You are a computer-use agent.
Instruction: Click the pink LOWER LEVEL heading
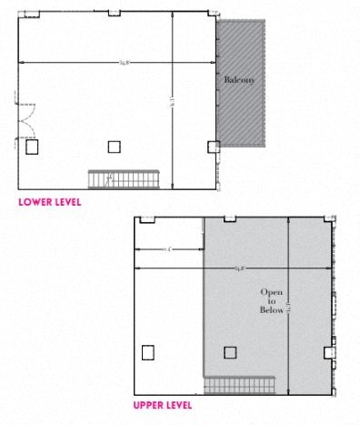49,201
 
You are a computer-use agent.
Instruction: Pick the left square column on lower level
32,145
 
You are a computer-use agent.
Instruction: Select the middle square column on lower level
114,146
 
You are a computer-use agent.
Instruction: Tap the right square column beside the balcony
213,146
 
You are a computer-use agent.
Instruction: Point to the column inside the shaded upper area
230,352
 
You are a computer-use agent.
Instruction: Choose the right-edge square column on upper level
328,352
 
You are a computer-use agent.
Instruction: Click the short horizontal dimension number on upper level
167,248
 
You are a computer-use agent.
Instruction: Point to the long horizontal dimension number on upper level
239,268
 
